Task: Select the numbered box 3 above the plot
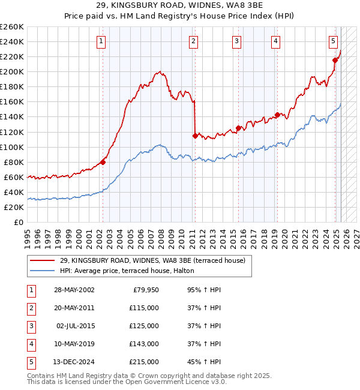(237, 41)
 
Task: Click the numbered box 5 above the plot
(333, 41)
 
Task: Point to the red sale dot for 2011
(195, 136)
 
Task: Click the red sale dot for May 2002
(103, 162)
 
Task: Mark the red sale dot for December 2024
(335, 59)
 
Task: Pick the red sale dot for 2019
(277, 115)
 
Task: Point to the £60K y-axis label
(14, 177)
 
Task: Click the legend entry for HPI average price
(127, 271)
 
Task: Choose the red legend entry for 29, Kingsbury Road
(152, 260)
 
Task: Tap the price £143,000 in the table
(144, 344)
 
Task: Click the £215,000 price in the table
(144, 362)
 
